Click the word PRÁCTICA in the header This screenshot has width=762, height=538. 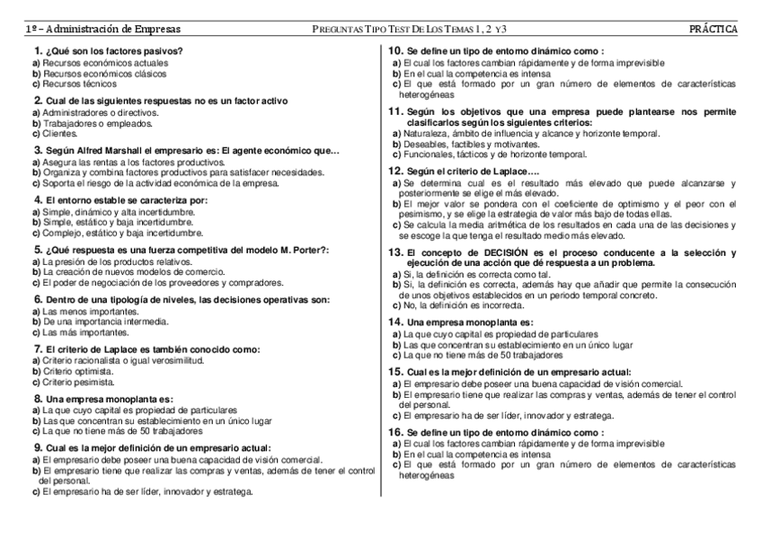713,30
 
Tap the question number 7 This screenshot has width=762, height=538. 38,348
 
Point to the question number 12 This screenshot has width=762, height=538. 394,171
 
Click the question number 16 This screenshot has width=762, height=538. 394,432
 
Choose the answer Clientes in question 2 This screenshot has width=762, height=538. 60,133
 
